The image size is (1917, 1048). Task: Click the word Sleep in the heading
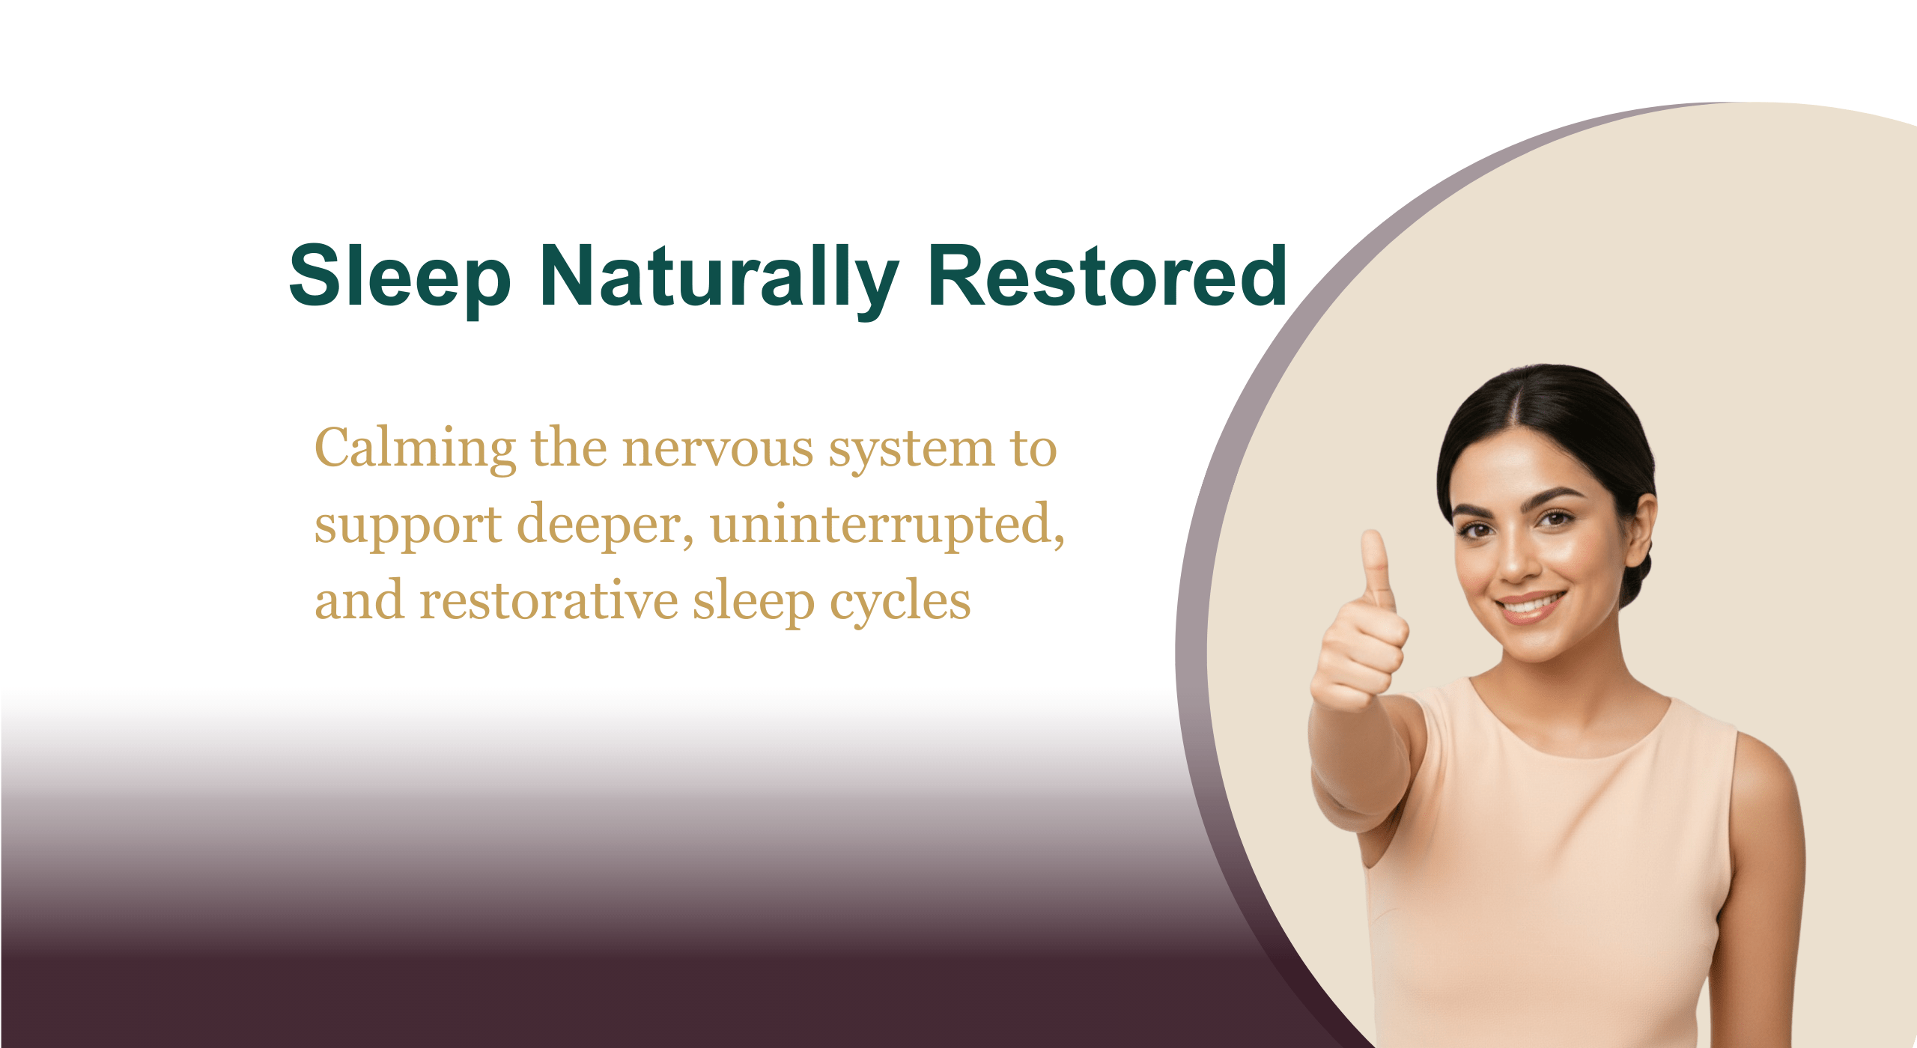pos(400,277)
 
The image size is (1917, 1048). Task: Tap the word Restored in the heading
pos(1107,277)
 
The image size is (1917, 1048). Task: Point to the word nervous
pos(717,449)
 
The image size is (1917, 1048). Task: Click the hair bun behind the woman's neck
pos(1637,576)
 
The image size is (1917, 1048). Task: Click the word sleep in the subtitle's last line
pos(753,603)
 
